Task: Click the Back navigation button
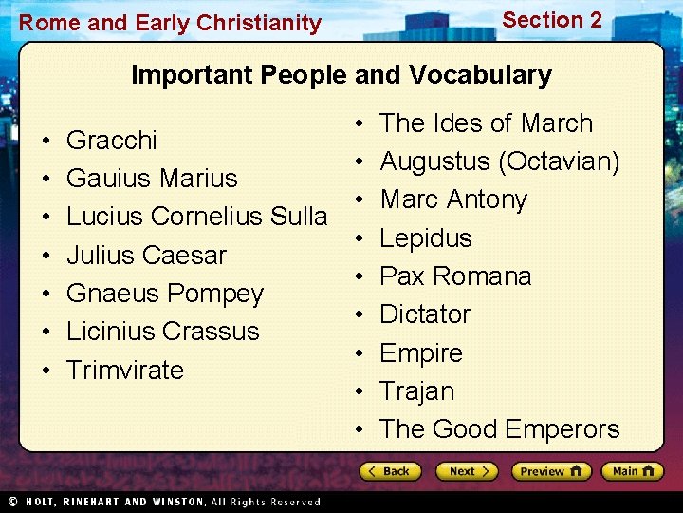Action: click(x=388, y=471)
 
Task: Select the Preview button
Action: click(x=550, y=471)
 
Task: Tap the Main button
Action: click(x=633, y=471)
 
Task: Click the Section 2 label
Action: click(x=551, y=20)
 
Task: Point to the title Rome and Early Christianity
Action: click(x=170, y=23)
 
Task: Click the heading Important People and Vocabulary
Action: click(x=341, y=75)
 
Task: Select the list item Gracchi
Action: click(x=112, y=141)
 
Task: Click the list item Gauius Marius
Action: click(x=152, y=179)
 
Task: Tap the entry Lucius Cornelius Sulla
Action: click(x=196, y=217)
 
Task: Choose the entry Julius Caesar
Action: click(x=146, y=256)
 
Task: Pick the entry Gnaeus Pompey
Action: click(x=164, y=294)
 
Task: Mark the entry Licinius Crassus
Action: click(x=162, y=332)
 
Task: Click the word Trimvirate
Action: click(x=124, y=370)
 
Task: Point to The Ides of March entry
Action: click(x=486, y=123)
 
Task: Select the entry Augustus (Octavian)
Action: click(x=499, y=161)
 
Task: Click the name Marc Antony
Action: click(x=452, y=199)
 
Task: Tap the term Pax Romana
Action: click(x=455, y=276)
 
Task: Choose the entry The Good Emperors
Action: click(x=499, y=429)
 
